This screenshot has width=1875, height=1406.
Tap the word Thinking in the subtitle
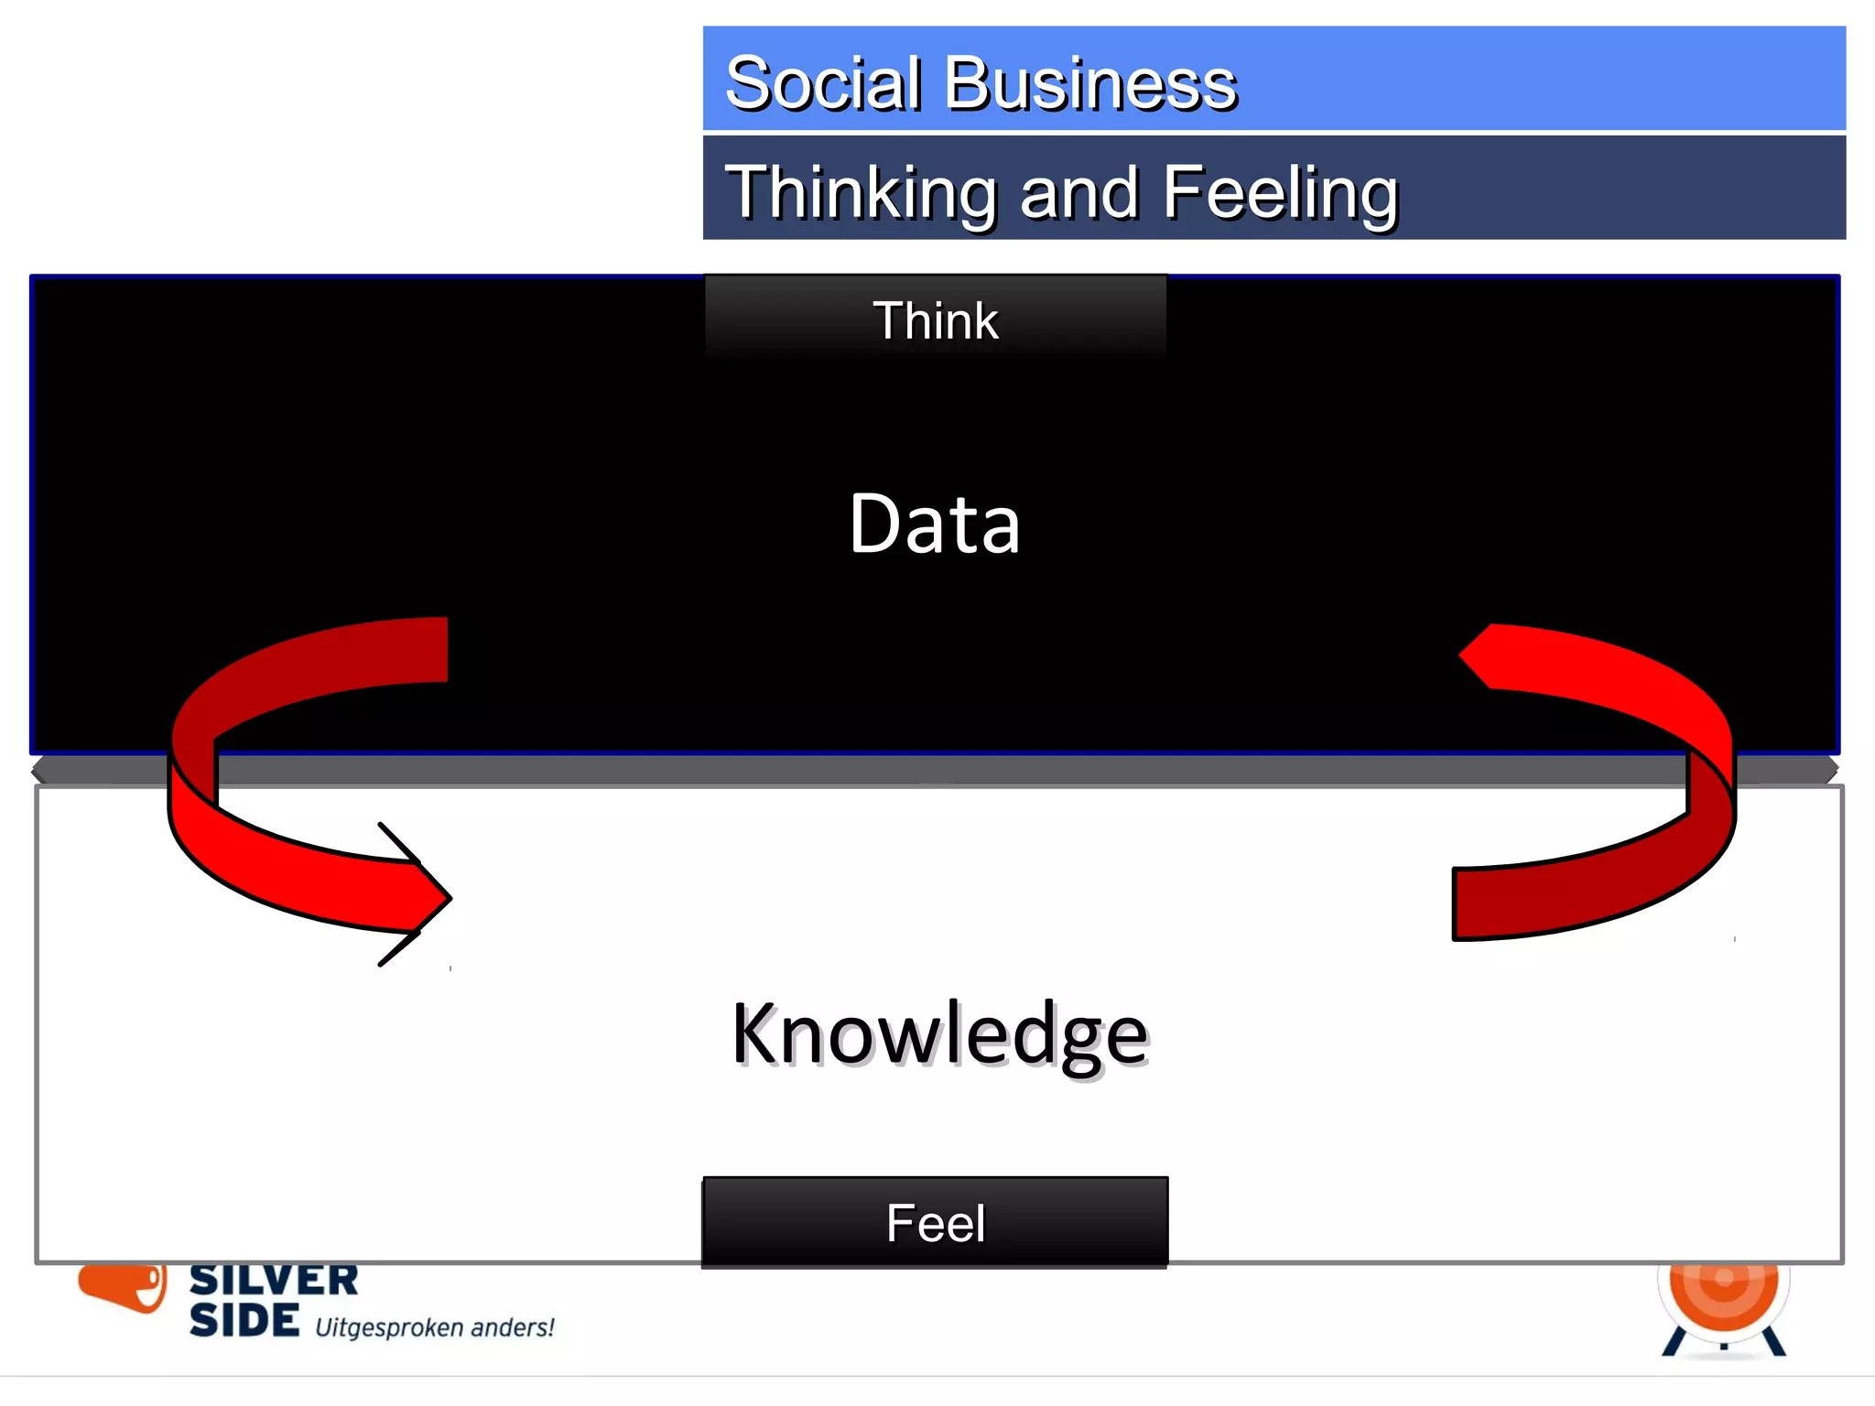(x=861, y=193)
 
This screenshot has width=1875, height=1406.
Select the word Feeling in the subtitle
(x=1281, y=193)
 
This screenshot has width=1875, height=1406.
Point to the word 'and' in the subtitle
(x=1079, y=193)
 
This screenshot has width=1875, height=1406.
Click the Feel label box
(x=935, y=1223)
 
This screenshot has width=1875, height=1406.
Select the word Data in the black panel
(x=935, y=524)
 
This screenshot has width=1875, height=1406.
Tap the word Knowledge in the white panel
(x=939, y=1034)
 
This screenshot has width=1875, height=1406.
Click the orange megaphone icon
(x=124, y=1285)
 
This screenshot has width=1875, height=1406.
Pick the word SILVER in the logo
(x=274, y=1281)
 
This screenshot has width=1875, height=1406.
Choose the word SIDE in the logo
(x=244, y=1320)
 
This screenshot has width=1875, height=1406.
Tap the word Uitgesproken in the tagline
(x=389, y=1327)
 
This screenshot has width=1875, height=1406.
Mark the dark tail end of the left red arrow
(x=430, y=650)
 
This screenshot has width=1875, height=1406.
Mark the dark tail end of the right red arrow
(x=1474, y=903)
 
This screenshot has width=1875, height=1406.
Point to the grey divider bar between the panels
(x=935, y=770)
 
